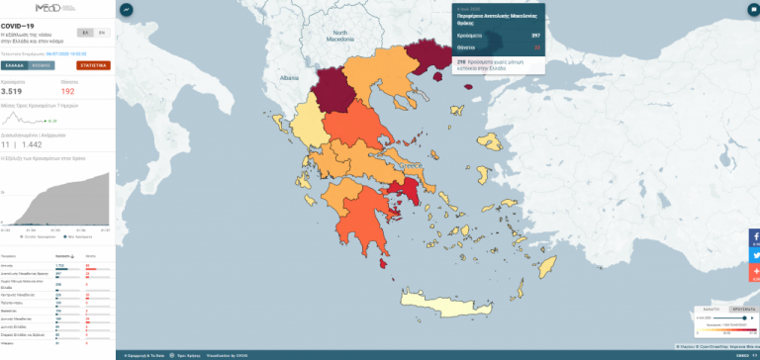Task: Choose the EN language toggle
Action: point(100,32)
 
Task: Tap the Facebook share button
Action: point(754,237)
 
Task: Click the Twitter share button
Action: point(754,254)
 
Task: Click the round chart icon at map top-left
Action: point(127,9)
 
